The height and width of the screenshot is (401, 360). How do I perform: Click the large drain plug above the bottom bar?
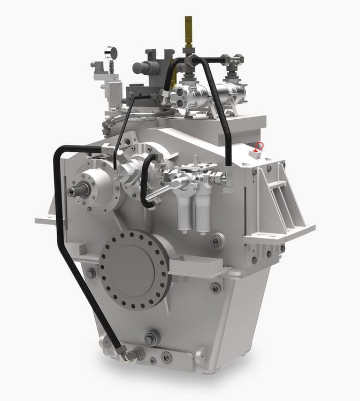(152, 338)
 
